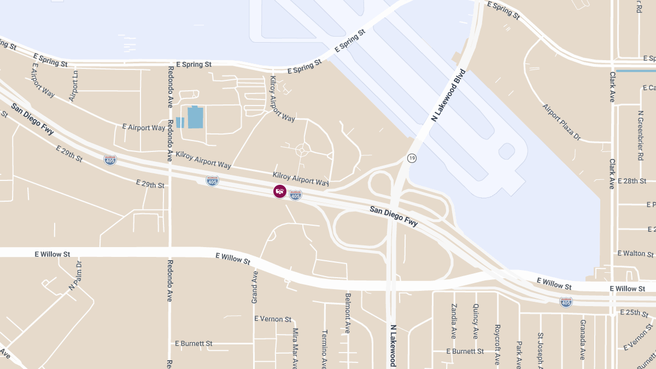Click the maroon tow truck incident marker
click(x=280, y=191)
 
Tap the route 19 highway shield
click(x=412, y=159)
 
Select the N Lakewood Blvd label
click(x=448, y=96)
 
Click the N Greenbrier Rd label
click(x=640, y=136)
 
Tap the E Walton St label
click(x=635, y=254)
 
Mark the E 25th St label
click(x=634, y=313)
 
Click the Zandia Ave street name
click(x=454, y=321)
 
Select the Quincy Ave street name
click(x=476, y=321)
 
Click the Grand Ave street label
click(x=255, y=287)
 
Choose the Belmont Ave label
click(x=348, y=313)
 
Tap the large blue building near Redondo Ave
click(x=195, y=118)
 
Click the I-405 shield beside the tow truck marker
click(x=295, y=195)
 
